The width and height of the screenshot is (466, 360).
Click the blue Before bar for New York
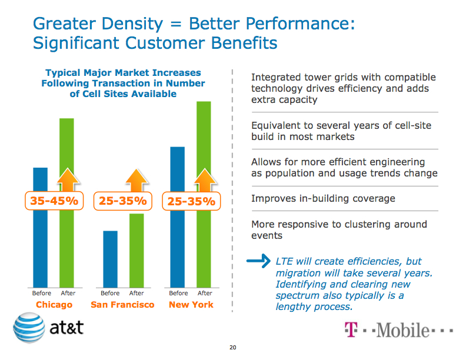[178, 247]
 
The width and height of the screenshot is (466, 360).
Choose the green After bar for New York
[204, 247]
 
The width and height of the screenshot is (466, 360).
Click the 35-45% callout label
[54, 201]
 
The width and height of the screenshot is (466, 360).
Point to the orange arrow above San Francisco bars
[138, 179]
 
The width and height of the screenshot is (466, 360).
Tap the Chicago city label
[54, 305]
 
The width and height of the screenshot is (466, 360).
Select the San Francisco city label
[122, 305]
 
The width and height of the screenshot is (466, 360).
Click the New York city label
[191, 305]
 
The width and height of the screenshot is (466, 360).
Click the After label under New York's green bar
[205, 293]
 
